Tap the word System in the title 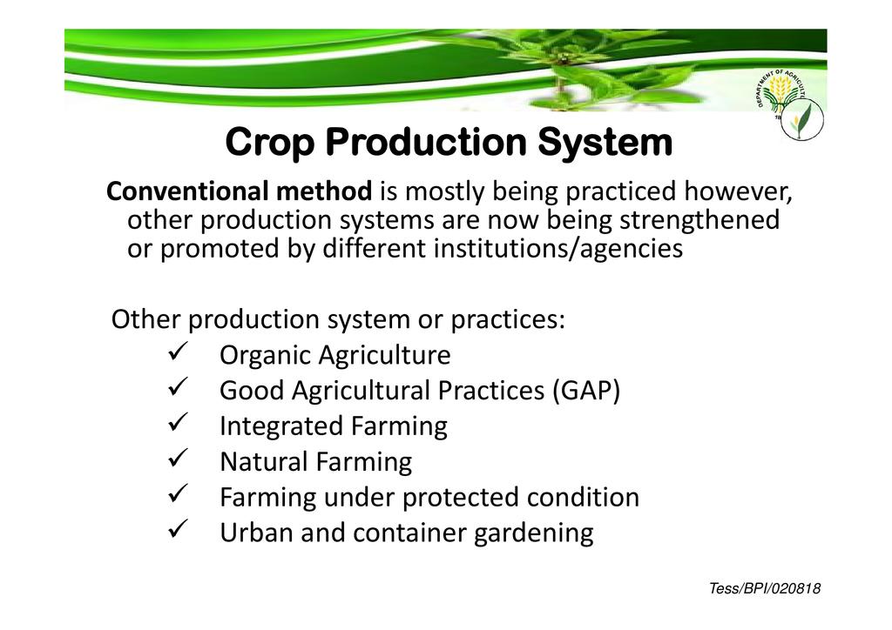(605, 142)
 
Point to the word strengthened (699, 220)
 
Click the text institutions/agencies (558, 249)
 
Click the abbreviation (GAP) (586, 391)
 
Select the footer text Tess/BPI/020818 (765, 588)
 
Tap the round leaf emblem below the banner (802, 119)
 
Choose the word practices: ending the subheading (508, 320)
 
